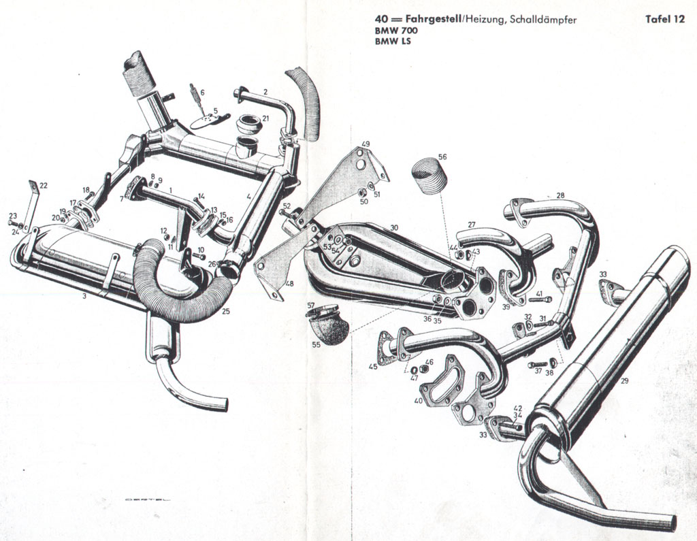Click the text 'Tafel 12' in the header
(664, 20)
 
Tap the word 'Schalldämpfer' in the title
(545, 20)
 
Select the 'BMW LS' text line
(393, 42)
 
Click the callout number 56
(442, 157)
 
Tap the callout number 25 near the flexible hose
(226, 312)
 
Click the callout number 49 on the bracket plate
(366, 144)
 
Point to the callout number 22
(44, 185)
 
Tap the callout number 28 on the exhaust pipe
(560, 195)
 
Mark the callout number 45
(373, 367)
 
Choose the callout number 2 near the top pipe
(265, 91)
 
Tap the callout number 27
(471, 225)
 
